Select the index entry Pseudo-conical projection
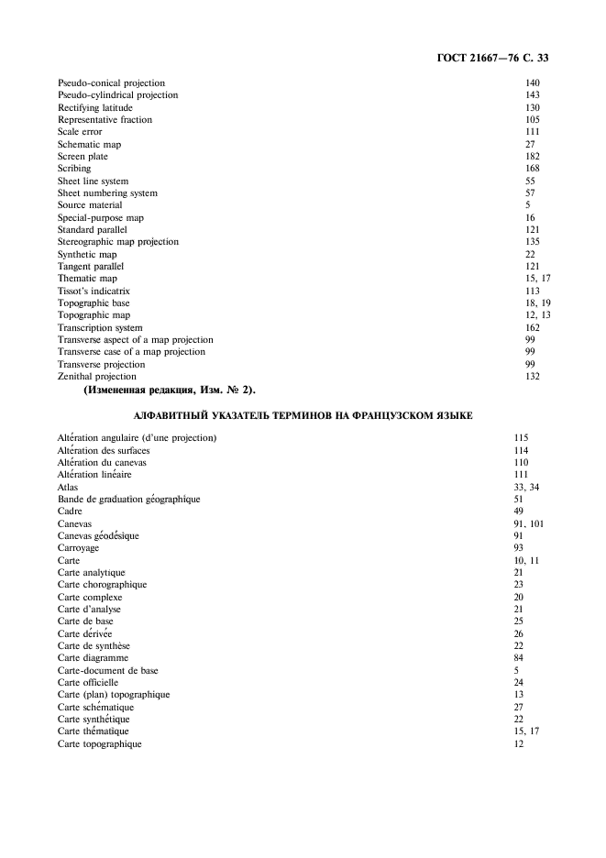pos(111,82)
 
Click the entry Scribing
pos(74,169)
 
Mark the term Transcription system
pos(100,327)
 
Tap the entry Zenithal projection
pos(97,377)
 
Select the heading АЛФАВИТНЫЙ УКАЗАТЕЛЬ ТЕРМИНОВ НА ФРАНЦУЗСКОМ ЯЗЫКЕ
pos(303,416)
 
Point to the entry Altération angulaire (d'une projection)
pos(137,438)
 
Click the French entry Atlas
pos(68,487)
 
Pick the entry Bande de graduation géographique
pos(128,500)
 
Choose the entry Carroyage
pos(78,548)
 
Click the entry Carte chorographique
pos(102,585)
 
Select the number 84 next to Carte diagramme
pos(519,658)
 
